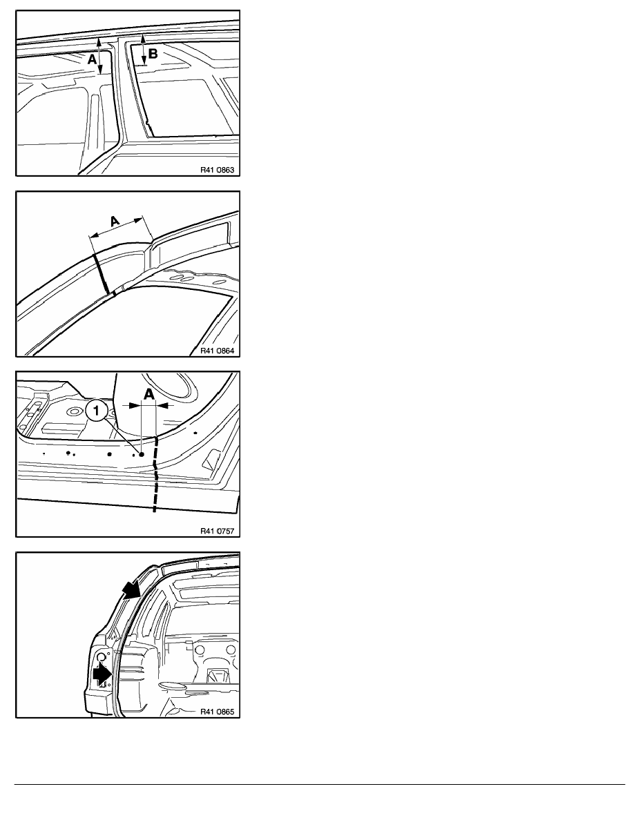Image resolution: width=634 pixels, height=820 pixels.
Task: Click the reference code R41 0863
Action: tap(217, 170)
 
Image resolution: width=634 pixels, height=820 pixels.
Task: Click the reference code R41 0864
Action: tap(217, 351)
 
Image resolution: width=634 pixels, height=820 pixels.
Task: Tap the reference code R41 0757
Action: tap(217, 531)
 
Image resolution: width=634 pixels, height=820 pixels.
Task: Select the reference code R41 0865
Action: tap(217, 712)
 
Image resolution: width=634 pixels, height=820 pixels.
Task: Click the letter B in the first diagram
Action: tap(153, 53)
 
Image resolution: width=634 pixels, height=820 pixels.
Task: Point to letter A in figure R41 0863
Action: tap(92, 59)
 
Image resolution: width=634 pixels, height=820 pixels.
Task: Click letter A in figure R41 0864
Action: tap(115, 222)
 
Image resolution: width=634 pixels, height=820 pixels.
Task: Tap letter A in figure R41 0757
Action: tap(149, 394)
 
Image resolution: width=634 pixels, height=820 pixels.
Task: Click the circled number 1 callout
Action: tap(96, 411)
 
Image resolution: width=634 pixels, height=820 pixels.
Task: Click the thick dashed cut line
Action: tap(155, 474)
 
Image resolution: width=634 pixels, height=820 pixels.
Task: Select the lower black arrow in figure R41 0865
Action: tap(102, 674)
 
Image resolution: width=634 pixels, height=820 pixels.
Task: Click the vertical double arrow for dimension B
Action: tap(144, 50)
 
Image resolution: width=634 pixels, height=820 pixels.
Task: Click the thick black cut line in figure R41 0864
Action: tap(102, 273)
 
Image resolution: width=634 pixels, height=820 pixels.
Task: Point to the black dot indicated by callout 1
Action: tap(142, 454)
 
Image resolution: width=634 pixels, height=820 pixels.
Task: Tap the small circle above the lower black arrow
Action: tap(102, 655)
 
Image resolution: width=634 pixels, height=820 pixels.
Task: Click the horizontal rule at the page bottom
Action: tap(320, 784)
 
